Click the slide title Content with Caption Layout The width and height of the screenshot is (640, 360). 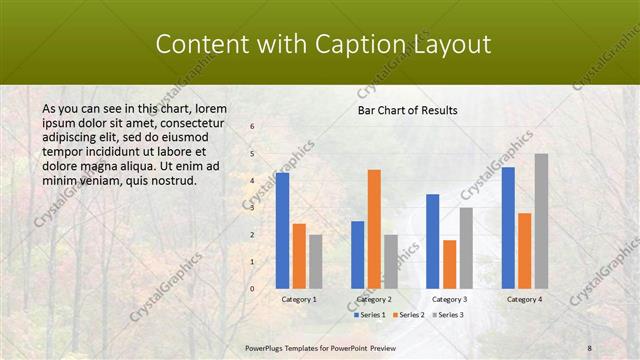click(x=323, y=44)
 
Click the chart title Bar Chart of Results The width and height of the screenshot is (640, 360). click(x=408, y=110)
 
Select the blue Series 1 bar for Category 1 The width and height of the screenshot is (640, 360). click(x=283, y=230)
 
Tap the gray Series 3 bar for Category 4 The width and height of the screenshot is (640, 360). click(x=541, y=220)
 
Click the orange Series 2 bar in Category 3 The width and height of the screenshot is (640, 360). click(x=450, y=263)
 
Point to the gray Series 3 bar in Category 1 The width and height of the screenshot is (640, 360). click(x=316, y=261)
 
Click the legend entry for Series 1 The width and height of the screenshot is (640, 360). click(x=371, y=315)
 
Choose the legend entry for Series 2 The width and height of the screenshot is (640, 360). click(x=409, y=315)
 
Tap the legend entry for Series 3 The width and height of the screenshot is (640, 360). click(x=447, y=315)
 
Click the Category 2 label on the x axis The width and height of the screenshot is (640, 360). click(x=374, y=299)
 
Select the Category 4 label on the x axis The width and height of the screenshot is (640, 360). click(x=524, y=299)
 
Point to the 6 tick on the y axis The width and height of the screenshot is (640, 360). click(x=252, y=127)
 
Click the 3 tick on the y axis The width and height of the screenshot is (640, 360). click(x=252, y=207)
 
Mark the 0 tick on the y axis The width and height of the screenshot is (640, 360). click(x=252, y=288)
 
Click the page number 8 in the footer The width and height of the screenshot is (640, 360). click(x=589, y=348)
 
